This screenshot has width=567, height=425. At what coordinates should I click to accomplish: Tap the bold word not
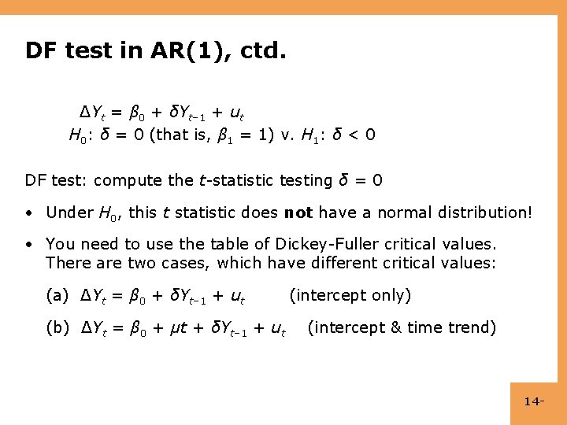(298, 213)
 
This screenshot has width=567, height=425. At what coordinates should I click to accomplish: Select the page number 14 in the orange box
(533, 402)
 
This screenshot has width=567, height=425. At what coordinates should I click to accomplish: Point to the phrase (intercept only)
(350, 296)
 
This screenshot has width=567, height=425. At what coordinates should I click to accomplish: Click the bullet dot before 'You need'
(29, 245)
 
